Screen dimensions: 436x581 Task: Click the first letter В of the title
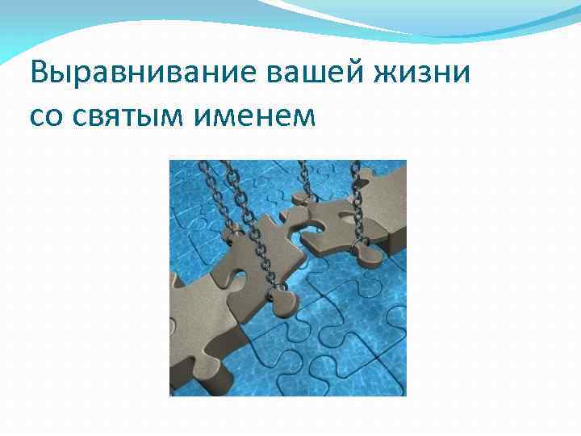point(39,73)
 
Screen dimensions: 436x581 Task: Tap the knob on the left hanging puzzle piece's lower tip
point(282,303)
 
